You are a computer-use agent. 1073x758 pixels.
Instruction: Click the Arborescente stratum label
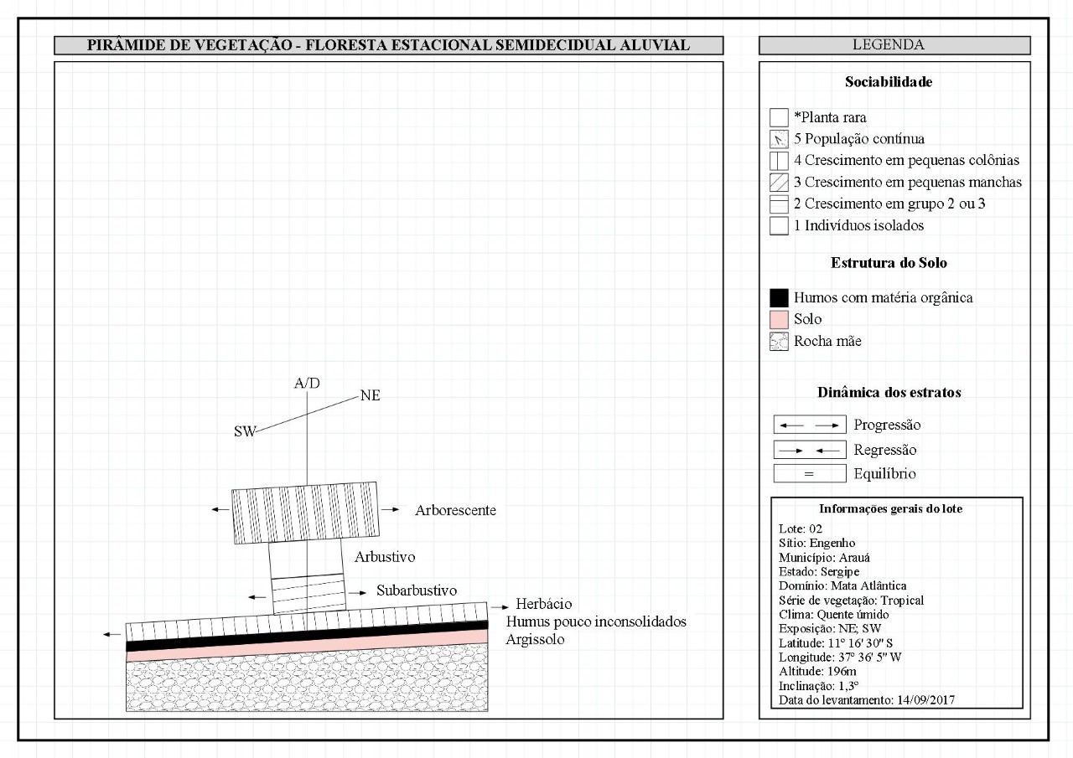pyautogui.click(x=455, y=510)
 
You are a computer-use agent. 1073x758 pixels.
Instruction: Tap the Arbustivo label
pyautogui.click(x=385, y=557)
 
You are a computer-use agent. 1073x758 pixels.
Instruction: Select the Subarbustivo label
pyautogui.click(x=417, y=590)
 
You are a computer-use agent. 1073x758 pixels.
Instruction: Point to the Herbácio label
pyautogui.click(x=544, y=604)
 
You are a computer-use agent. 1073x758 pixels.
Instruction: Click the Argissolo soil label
pyautogui.click(x=536, y=639)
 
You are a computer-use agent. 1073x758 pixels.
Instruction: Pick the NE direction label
pyautogui.click(x=370, y=395)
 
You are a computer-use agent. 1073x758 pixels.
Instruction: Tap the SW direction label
pyautogui.click(x=245, y=431)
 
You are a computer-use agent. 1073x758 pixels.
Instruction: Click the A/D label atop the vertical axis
pyautogui.click(x=307, y=384)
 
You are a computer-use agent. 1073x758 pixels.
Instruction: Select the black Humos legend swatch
pyautogui.click(x=779, y=297)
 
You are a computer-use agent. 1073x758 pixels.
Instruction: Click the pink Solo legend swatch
pyautogui.click(x=779, y=319)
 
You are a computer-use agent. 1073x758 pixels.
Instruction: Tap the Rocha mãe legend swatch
pyautogui.click(x=779, y=341)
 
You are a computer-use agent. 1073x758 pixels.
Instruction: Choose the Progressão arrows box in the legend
pyautogui.click(x=809, y=425)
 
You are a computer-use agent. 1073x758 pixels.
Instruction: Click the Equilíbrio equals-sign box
pyautogui.click(x=809, y=474)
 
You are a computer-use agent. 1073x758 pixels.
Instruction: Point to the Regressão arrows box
pyautogui.click(x=809, y=451)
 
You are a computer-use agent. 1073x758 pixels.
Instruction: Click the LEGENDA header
pyautogui.click(x=894, y=45)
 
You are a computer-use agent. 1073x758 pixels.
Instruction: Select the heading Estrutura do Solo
pyautogui.click(x=889, y=263)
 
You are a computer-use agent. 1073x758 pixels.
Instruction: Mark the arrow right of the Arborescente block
pyautogui.click(x=390, y=509)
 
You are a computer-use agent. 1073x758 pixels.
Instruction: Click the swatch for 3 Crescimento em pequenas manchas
pyautogui.click(x=779, y=182)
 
